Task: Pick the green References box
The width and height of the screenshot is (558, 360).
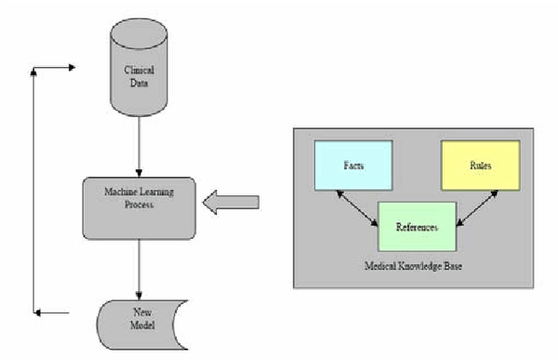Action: pos(416,226)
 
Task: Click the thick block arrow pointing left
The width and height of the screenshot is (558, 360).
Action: pos(230,203)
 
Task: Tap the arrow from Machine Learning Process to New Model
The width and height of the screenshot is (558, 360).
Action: pos(139,267)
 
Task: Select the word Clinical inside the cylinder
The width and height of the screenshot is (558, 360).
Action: pos(139,74)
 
